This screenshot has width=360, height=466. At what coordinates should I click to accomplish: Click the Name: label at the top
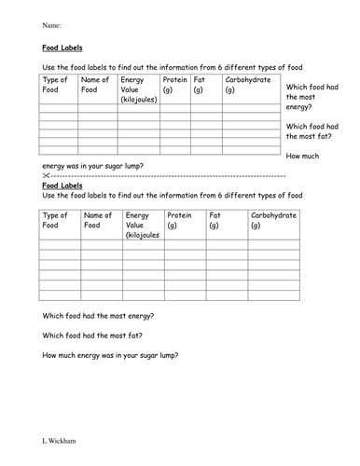pos(52,25)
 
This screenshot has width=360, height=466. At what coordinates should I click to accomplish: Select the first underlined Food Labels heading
pos(62,54)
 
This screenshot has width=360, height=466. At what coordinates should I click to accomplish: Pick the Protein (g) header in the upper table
pos(174,85)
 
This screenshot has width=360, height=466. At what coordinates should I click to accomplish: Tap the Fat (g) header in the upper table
pos(201,85)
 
